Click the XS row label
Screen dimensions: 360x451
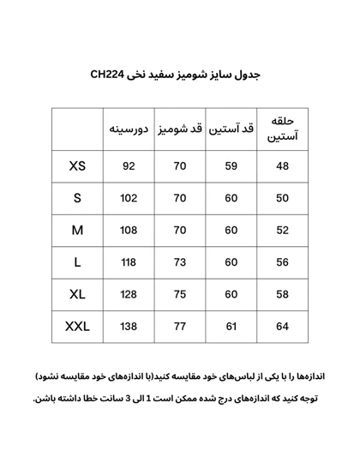(77, 166)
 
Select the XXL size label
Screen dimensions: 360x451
(77, 327)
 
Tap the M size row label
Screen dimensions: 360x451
(77, 231)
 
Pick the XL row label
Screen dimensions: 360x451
(77, 295)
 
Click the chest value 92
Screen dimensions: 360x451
(129, 166)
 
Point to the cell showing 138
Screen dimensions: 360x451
(129, 327)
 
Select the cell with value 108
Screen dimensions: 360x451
(129, 231)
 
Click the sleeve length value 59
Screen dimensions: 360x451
(231, 166)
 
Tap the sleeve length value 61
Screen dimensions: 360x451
(231, 327)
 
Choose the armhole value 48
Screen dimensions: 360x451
(283, 166)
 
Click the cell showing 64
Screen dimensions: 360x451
(283, 327)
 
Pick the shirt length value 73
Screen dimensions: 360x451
(180, 262)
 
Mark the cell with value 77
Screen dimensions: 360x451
(180, 327)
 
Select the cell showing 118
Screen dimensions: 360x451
(129, 262)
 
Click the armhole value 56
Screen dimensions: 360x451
(283, 262)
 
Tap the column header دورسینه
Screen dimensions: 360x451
(129, 129)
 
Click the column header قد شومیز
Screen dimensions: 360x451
(180, 129)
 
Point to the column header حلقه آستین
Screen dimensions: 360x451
(283, 129)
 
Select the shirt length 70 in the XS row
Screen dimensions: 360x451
(180, 166)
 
